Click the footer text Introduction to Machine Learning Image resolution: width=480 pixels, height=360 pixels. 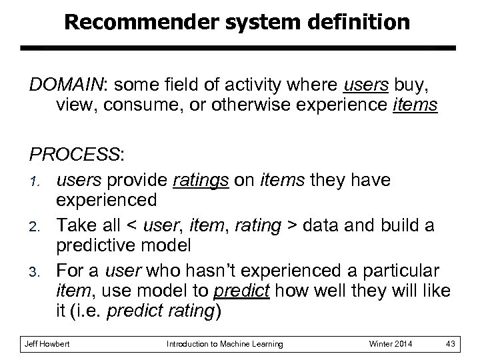225,343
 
